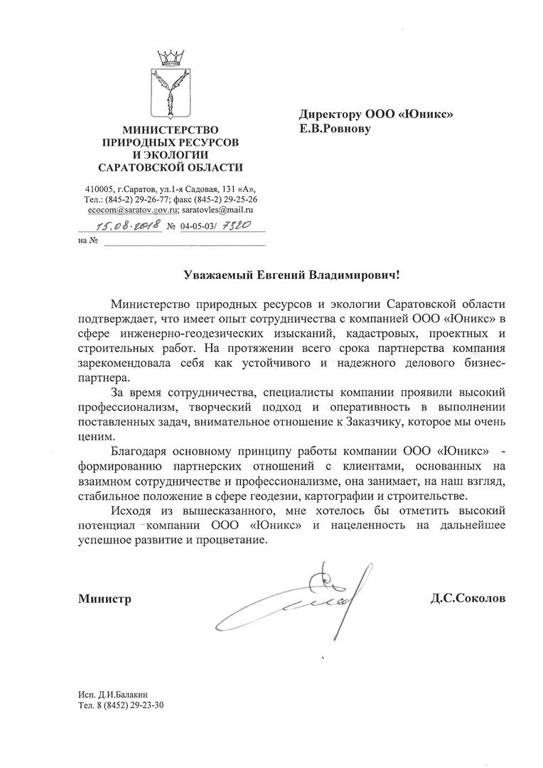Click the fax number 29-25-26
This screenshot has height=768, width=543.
[x=235, y=200]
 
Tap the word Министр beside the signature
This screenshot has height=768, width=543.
[x=105, y=599]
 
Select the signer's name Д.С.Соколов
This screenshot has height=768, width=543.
[x=468, y=599]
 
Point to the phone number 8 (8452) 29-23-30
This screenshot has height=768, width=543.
[x=132, y=705]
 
